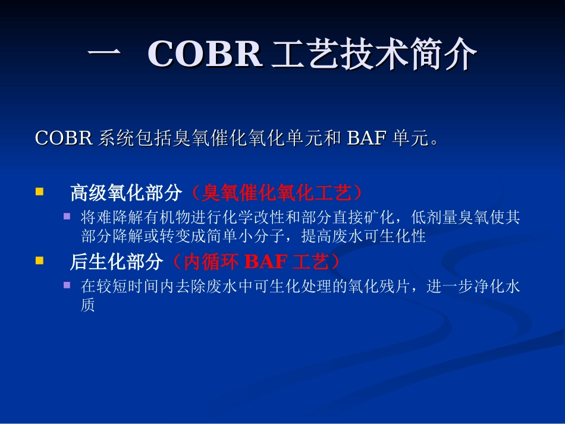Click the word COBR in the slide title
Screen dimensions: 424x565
pyautogui.click(x=205, y=55)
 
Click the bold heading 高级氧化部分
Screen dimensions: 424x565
pyautogui.click(x=125, y=193)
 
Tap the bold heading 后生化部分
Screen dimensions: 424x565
pyautogui.click(x=116, y=262)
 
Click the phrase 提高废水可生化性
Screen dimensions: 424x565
pyautogui.click(x=363, y=236)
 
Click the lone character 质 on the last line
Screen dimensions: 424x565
pyautogui.click(x=87, y=305)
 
